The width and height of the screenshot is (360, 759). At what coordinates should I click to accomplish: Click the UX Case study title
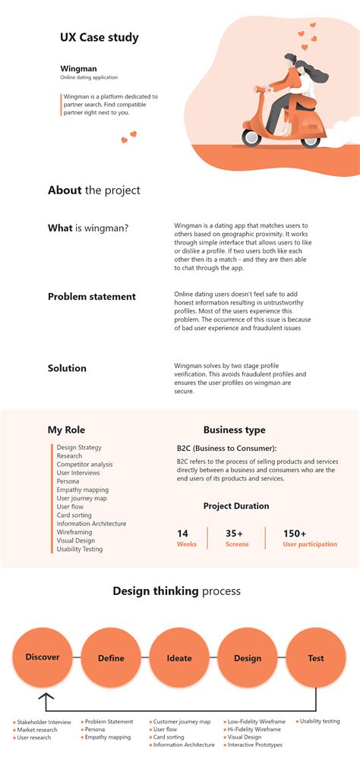point(99,37)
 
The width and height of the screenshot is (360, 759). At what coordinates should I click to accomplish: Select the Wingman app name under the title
point(79,68)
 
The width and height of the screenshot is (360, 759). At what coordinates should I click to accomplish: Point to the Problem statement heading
point(92,297)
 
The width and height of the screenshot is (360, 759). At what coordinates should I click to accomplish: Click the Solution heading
point(67,368)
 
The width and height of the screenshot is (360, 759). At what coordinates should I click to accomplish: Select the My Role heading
point(67,430)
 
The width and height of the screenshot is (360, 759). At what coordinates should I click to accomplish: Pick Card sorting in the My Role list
point(74,515)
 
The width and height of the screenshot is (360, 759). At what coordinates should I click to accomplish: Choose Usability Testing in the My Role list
point(80,549)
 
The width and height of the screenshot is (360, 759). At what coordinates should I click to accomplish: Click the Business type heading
point(234,430)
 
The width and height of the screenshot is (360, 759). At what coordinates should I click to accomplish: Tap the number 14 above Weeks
point(182,534)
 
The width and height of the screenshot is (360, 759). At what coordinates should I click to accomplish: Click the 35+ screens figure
point(235,534)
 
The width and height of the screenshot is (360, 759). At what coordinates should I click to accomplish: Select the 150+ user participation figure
point(295,534)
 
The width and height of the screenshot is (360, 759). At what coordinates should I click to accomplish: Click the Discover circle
point(43,657)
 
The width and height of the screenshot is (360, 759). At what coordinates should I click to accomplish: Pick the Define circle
point(111,658)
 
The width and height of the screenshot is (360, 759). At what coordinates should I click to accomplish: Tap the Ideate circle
point(179,658)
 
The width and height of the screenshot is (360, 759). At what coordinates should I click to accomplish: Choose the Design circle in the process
point(248,658)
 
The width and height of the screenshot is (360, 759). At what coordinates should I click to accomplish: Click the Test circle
point(316,658)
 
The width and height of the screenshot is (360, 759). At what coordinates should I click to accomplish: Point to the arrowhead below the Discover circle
point(46,697)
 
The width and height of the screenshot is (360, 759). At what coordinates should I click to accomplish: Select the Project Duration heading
point(235,506)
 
